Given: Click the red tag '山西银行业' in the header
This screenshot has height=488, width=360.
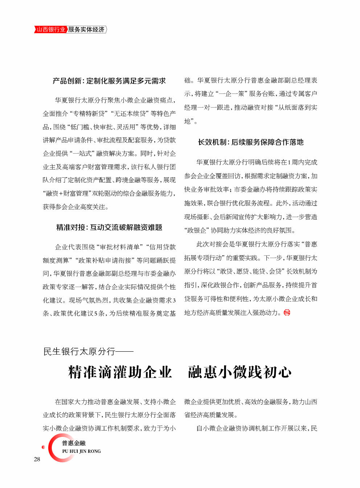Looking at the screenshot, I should [51, 30].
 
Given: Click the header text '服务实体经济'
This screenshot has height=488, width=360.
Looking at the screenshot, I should [86, 30].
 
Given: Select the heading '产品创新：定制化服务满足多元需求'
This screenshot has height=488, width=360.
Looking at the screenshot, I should [109, 81].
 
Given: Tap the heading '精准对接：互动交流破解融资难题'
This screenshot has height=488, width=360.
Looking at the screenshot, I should [109, 227].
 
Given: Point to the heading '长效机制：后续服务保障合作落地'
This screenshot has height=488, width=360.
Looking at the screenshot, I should [250, 142].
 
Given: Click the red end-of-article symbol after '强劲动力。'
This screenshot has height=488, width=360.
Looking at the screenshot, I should [287, 313].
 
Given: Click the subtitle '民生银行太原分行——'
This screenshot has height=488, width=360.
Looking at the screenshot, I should [88, 351].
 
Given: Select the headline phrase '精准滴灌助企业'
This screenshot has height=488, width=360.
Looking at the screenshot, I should [120, 372].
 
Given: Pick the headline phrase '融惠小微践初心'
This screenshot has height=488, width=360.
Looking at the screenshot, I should [240, 372].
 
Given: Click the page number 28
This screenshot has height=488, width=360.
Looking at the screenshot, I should [37, 459].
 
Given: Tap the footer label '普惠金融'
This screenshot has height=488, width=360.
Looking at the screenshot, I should [74, 443].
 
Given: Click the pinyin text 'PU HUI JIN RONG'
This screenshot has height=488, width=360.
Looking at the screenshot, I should [81, 451].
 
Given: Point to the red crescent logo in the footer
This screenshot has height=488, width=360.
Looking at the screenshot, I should [54, 448].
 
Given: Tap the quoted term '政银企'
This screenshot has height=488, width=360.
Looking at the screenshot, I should [196, 230].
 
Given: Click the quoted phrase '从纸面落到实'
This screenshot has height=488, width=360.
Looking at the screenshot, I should [298, 107].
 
